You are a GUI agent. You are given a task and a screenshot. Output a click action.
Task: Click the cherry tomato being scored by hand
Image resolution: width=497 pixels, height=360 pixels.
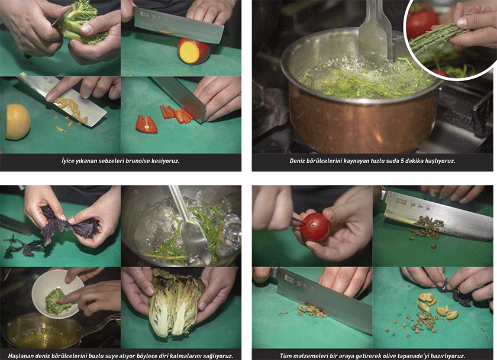pyautogui.click(x=314, y=227)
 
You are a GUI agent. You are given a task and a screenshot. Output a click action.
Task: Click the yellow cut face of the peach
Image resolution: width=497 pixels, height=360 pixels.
pyautogui.click(x=189, y=52)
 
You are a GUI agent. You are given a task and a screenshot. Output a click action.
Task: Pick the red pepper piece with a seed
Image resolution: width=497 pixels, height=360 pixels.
pyautogui.click(x=146, y=124)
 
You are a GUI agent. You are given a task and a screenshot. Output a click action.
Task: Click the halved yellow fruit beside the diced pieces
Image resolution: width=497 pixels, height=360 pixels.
pyautogui.click(x=17, y=122)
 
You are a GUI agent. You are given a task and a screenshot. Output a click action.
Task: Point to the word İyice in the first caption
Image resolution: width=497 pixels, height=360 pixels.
pyautogui.click(x=68, y=161)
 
